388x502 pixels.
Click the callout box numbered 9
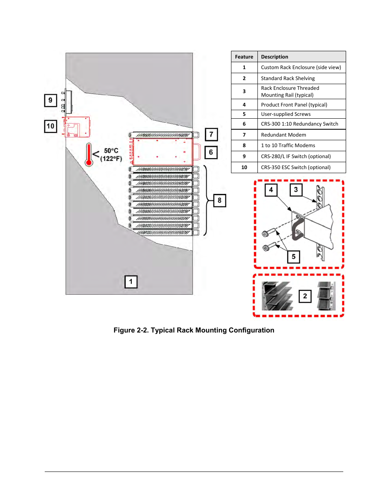[50, 100]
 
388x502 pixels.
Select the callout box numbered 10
[50, 126]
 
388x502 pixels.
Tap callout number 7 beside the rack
[211, 134]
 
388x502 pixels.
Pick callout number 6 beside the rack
[211, 152]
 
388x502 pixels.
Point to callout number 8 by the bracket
[220, 200]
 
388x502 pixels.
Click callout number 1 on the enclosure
[131, 282]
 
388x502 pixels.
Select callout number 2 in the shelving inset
[305, 296]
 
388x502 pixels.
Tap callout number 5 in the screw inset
[294, 257]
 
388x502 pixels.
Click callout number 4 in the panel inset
[271, 190]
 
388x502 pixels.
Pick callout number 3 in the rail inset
[296, 190]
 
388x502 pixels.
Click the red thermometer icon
[89, 155]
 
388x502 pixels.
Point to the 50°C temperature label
[111, 151]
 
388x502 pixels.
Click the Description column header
[275, 57]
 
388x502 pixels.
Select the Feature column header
[244, 57]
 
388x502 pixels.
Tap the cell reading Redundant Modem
[283, 135]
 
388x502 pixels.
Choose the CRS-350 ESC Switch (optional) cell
[296, 167]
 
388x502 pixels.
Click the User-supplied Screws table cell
[286, 114]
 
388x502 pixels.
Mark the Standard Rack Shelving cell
[288, 78]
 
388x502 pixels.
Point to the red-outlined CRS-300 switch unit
[163, 152]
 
